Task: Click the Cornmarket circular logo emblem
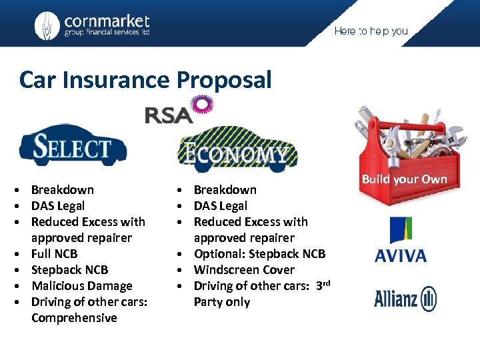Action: tap(47, 25)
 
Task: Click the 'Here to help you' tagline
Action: tap(371, 31)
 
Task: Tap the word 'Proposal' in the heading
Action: tap(224, 80)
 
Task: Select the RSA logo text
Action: tap(168, 115)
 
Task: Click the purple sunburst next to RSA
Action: tap(202, 105)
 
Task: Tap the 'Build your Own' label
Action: tap(404, 179)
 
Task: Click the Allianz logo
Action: tap(405, 299)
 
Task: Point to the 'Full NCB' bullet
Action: tap(54, 254)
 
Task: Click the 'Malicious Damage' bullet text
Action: tap(81, 286)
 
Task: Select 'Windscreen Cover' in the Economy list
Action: tap(244, 270)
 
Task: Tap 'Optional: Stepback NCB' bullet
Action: tap(259, 254)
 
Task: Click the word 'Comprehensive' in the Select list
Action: tap(74, 318)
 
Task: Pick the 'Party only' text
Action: tap(222, 302)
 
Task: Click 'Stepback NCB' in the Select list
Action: tap(69, 270)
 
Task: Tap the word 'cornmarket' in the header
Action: tap(107, 21)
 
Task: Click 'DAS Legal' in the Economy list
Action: tap(220, 206)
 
